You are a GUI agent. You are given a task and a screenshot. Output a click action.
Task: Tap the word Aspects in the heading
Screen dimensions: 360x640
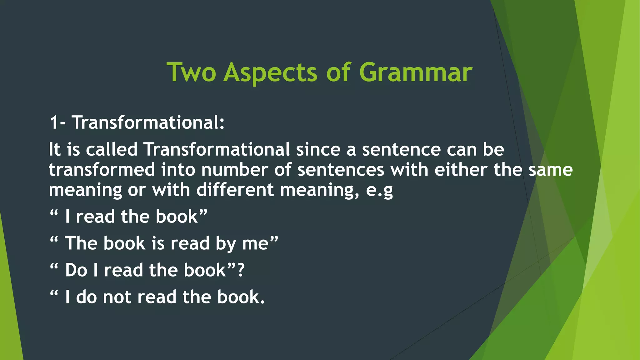(270, 72)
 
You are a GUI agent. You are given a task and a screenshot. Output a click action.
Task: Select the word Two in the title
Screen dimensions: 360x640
(191, 72)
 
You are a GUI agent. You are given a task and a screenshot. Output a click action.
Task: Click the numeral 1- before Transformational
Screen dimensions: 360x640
(57, 122)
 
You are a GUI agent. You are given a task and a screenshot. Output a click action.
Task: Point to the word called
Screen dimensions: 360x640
(112, 149)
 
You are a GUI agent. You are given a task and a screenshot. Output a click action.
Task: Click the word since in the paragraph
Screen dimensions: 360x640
(318, 149)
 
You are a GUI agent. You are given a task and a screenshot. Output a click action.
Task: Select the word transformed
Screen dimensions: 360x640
(102, 170)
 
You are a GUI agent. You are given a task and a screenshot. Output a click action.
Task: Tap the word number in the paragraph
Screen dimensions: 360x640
(234, 170)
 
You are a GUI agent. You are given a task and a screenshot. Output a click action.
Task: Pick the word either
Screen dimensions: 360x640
(461, 170)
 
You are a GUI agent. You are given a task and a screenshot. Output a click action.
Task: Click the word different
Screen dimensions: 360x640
(235, 190)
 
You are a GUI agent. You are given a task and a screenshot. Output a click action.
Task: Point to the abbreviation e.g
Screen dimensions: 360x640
(379, 190)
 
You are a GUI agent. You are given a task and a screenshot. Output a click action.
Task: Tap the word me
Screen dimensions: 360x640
(255, 243)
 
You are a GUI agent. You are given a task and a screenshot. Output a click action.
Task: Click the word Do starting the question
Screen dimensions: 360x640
(76, 270)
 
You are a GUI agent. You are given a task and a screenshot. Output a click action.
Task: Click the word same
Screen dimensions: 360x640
(550, 170)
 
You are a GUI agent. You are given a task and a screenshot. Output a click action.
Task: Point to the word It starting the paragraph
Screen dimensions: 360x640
(54, 149)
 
